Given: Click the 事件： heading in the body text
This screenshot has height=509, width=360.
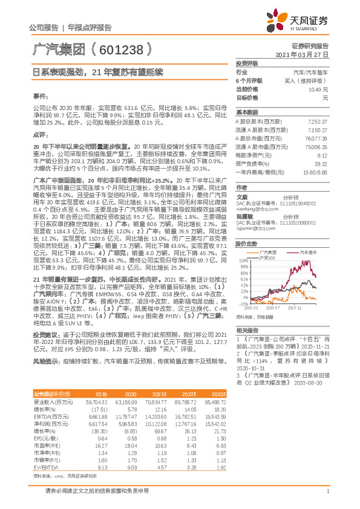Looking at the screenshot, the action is tap(40, 96).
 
